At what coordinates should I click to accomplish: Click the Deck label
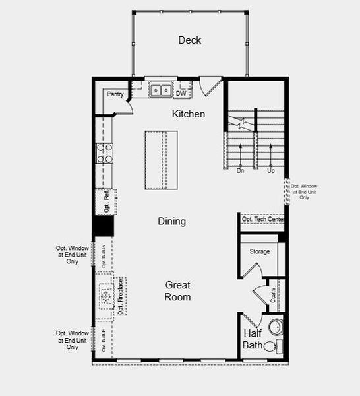(189, 40)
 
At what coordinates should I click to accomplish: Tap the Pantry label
(116, 94)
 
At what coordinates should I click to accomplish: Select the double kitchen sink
(160, 90)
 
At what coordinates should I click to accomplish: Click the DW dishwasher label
(181, 94)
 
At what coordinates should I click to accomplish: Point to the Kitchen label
(189, 114)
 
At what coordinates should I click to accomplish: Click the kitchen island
(162, 160)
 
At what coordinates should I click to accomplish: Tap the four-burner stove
(105, 153)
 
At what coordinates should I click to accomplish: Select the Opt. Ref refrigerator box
(105, 201)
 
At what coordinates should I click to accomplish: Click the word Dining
(171, 222)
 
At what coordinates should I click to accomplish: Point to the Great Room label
(177, 291)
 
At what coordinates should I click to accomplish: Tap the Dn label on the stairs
(241, 170)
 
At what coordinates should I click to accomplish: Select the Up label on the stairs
(270, 170)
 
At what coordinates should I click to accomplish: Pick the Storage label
(259, 251)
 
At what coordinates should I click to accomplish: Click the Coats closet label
(273, 295)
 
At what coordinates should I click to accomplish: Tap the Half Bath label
(253, 339)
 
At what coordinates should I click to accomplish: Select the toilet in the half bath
(270, 346)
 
